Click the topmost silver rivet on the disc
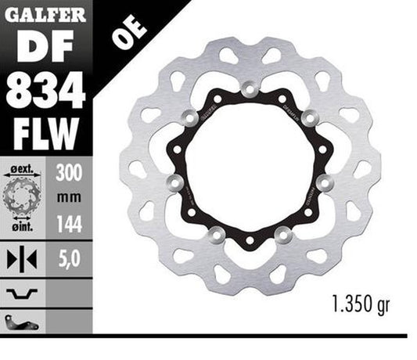pyautogui.click(x=250, y=89)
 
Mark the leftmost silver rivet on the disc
pyautogui.click(x=174, y=183)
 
